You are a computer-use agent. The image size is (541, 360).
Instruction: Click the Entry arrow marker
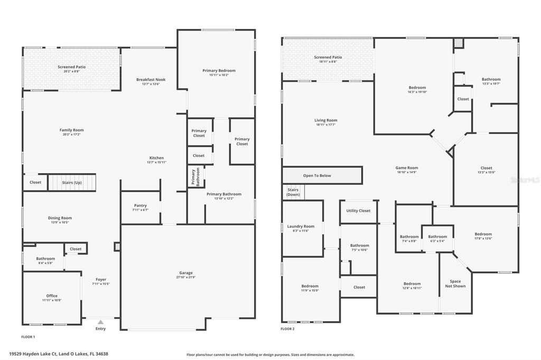click(100, 321)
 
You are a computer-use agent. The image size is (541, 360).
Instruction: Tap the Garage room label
click(185, 273)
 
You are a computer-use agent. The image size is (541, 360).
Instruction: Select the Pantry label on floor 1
click(140, 205)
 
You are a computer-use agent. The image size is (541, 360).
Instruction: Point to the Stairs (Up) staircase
click(72, 183)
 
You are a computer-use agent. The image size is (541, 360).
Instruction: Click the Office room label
click(52, 296)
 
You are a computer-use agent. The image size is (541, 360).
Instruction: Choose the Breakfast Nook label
click(151, 79)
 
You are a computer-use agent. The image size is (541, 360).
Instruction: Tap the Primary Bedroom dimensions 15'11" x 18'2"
click(219, 75)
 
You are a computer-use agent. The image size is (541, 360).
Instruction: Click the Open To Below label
click(317, 176)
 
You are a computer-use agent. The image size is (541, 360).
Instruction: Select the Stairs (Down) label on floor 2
click(293, 192)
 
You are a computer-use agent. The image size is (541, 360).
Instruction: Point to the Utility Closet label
click(358, 211)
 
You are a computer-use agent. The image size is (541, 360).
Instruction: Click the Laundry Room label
click(301, 226)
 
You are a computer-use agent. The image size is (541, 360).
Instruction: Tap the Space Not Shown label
click(455, 283)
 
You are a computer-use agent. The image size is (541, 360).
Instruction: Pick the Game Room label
click(407, 168)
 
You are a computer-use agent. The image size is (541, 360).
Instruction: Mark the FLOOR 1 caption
click(28, 336)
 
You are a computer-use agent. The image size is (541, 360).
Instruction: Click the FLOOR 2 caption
click(287, 328)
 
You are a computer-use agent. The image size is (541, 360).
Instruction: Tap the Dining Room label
click(61, 217)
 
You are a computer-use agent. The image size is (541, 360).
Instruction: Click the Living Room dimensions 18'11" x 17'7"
click(325, 125)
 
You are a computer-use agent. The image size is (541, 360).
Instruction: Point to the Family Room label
click(71, 130)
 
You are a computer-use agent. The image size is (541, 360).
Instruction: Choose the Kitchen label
click(156, 158)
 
